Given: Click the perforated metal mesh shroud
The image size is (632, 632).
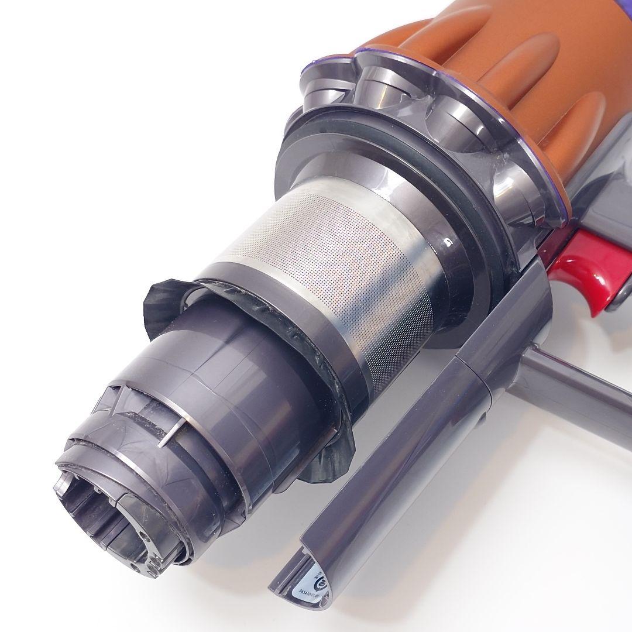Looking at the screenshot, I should coord(328,263).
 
